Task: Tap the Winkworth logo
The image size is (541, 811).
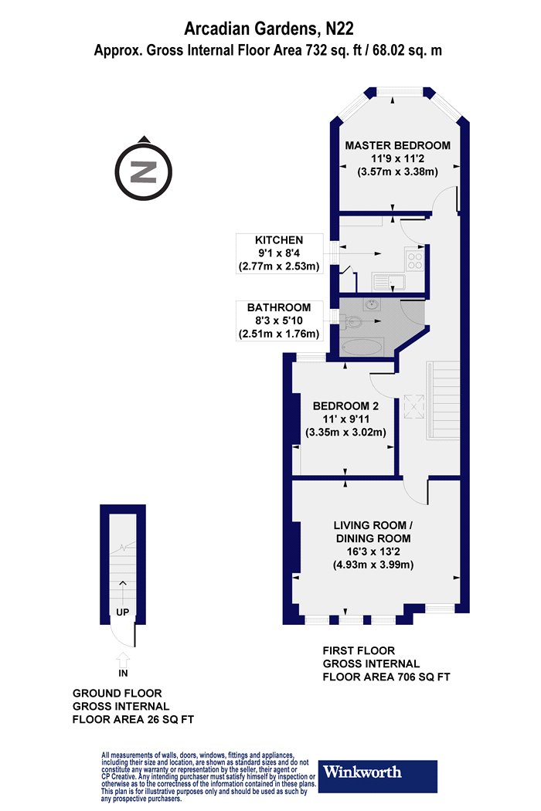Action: point(377,775)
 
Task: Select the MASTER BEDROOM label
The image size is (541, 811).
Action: point(397,145)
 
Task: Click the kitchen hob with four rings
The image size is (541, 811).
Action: point(415,260)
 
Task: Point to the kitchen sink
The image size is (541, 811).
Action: point(390,283)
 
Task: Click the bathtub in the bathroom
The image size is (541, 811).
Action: point(362,347)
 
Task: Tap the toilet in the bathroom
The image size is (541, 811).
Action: point(353,323)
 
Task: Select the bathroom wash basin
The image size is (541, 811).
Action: point(373,304)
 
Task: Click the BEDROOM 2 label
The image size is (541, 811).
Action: point(345,406)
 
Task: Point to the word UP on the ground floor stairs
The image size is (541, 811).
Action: point(123,612)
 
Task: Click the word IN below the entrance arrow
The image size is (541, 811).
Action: point(123,673)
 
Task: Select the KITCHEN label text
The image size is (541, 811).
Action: point(279,240)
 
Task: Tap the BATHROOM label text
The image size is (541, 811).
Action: point(279,307)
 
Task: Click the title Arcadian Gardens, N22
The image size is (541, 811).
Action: point(269,29)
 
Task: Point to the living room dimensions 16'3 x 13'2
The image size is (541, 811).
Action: point(373,552)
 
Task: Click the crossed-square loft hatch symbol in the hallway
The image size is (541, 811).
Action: point(414,406)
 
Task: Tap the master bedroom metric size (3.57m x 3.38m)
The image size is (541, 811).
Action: point(397,171)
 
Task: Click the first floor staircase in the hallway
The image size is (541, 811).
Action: point(443,400)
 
